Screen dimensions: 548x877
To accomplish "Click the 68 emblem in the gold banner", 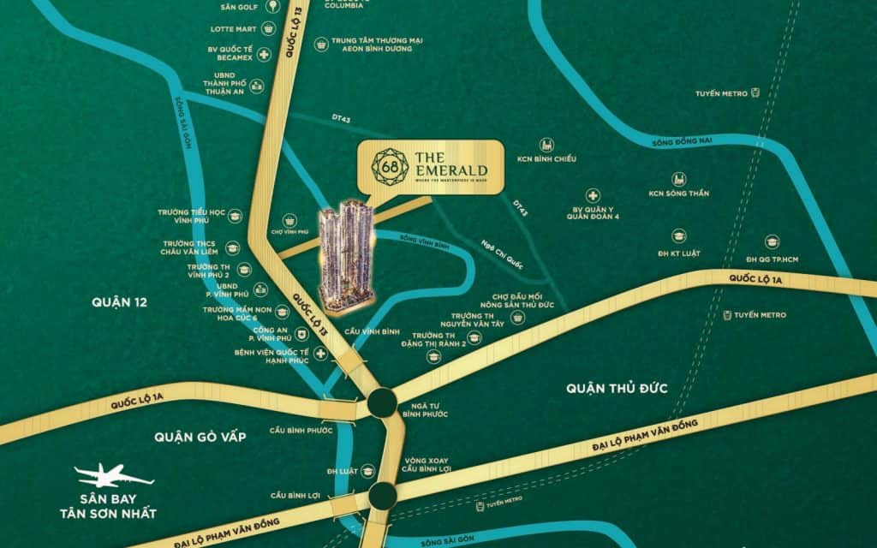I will (x=388, y=166).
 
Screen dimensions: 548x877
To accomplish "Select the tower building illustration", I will (x=347, y=253).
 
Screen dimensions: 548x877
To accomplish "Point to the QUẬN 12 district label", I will (x=119, y=301).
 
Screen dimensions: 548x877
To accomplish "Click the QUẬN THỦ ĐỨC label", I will (x=617, y=389).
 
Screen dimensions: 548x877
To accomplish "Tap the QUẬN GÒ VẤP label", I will (x=200, y=437).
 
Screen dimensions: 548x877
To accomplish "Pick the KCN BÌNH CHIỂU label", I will (x=546, y=159).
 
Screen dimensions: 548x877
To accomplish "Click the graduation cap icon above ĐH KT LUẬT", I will (x=679, y=235).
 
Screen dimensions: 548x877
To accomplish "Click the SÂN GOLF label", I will (x=239, y=6).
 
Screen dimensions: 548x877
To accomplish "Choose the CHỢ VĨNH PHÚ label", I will (x=289, y=231).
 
